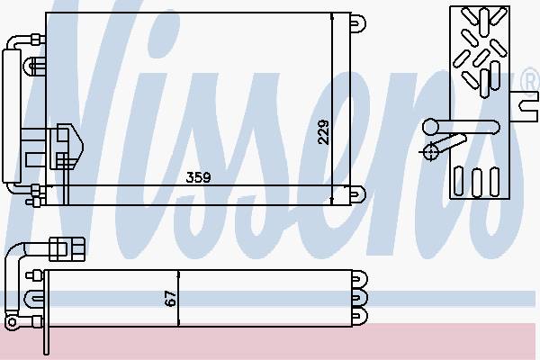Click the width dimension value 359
tap(198, 177)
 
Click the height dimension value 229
tap(323, 132)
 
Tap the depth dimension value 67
tap(170, 298)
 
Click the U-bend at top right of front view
tap(358, 23)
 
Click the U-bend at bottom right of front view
tap(358, 195)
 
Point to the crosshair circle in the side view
tap(430, 151)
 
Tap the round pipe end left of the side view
tap(430, 127)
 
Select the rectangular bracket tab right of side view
tap(524, 106)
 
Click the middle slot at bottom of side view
tap(477, 183)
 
